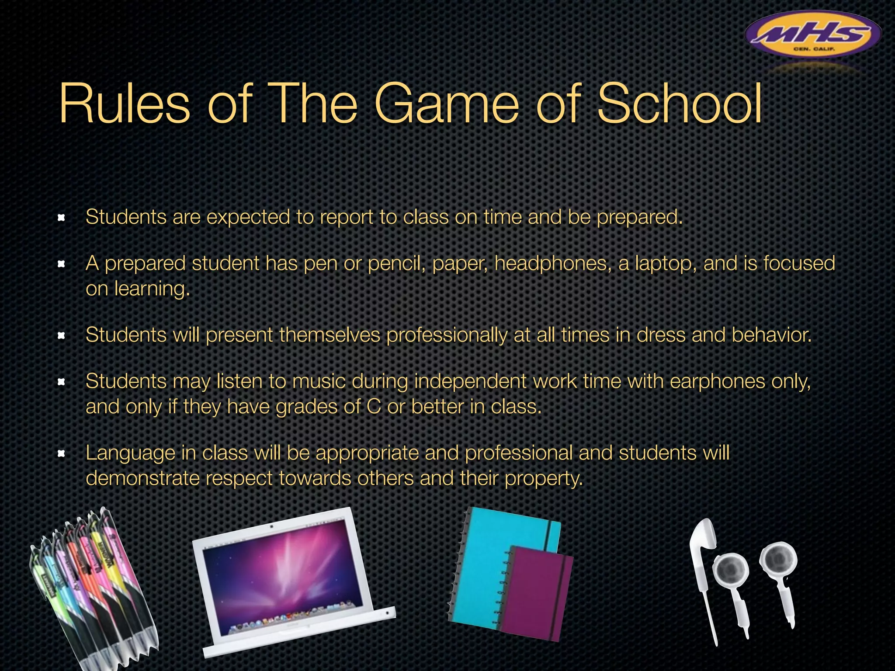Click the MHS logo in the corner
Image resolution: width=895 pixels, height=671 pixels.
[x=813, y=35]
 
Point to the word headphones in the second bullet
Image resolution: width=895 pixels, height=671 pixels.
[x=553, y=264]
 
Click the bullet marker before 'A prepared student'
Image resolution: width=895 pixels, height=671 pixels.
[x=62, y=264]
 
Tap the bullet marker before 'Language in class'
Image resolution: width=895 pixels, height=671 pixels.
[x=62, y=454]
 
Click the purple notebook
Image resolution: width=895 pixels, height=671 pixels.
[x=535, y=592]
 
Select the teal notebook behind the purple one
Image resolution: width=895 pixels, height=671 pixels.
[x=485, y=564]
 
